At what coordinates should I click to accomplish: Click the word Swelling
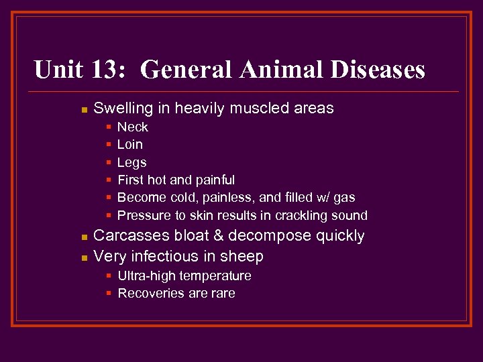[122, 108]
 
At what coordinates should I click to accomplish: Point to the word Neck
[132, 127]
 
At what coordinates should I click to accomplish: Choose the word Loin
[130, 144]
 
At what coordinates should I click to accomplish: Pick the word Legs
[131, 162]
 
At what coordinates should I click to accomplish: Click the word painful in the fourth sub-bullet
[215, 180]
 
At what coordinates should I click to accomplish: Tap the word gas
[344, 198]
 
